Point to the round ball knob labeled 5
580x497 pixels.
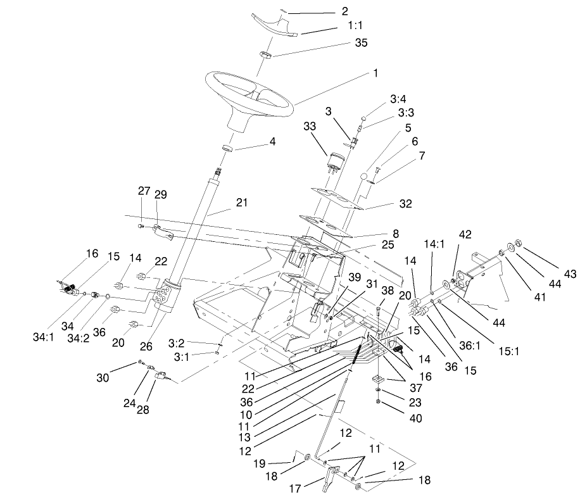[363, 175]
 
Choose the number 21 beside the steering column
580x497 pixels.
[241, 203]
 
